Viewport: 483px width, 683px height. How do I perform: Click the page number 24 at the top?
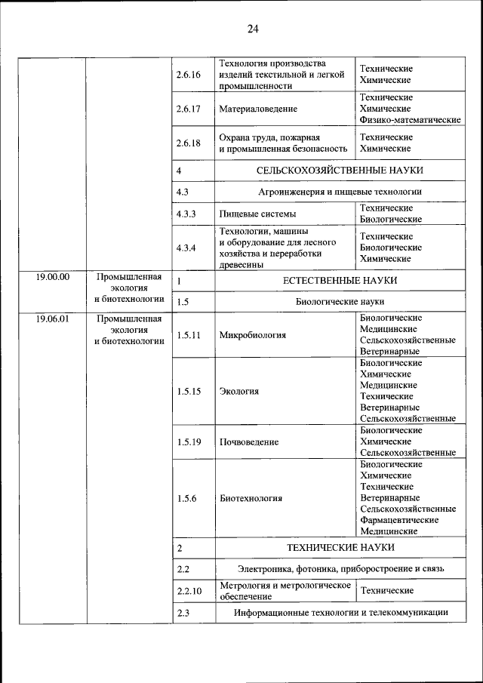[252, 29]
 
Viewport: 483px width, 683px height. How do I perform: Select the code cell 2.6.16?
[188, 75]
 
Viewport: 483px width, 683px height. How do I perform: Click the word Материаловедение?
[258, 109]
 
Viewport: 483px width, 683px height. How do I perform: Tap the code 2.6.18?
[188, 143]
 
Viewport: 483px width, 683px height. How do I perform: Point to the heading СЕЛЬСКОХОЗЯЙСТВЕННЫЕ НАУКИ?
[340, 171]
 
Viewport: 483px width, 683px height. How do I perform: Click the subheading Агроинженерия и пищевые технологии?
[340, 192]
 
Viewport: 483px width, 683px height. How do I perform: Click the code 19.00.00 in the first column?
[52, 277]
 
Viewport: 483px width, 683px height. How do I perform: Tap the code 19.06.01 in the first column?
[52, 319]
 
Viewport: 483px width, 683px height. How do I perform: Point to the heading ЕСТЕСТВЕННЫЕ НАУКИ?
[340, 281]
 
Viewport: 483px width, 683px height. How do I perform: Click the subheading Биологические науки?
[340, 302]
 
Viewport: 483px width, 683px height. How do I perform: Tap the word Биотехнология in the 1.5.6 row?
[251, 498]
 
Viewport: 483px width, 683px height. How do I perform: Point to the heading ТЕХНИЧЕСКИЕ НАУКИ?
[340, 547]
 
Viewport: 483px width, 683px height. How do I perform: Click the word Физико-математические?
[411, 120]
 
